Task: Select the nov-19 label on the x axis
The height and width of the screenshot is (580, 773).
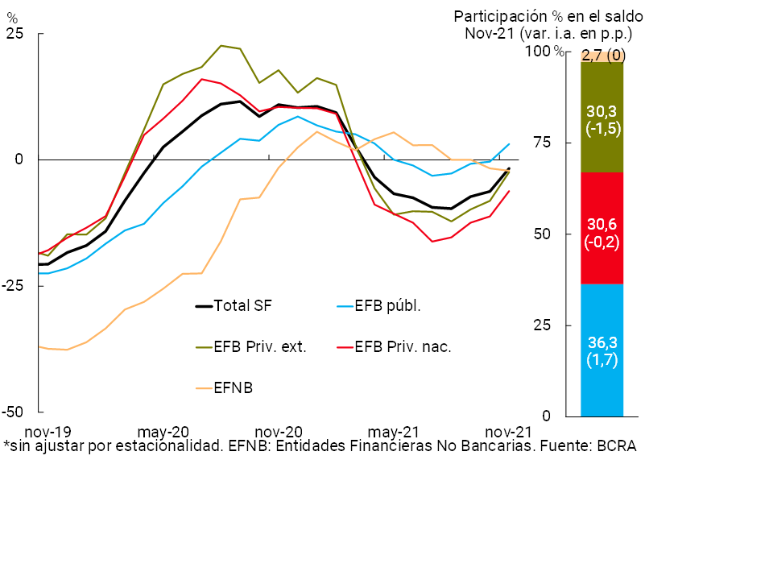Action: pos(48,431)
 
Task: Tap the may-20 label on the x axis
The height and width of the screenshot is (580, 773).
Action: pos(164,431)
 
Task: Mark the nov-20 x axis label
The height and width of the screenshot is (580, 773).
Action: pos(278,431)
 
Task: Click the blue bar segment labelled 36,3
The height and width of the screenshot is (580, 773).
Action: pos(601,350)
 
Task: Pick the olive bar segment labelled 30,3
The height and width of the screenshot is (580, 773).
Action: pos(601,118)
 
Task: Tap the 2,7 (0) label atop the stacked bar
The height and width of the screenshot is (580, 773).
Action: pos(603,56)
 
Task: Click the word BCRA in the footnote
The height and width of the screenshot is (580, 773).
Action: pos(616,446)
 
